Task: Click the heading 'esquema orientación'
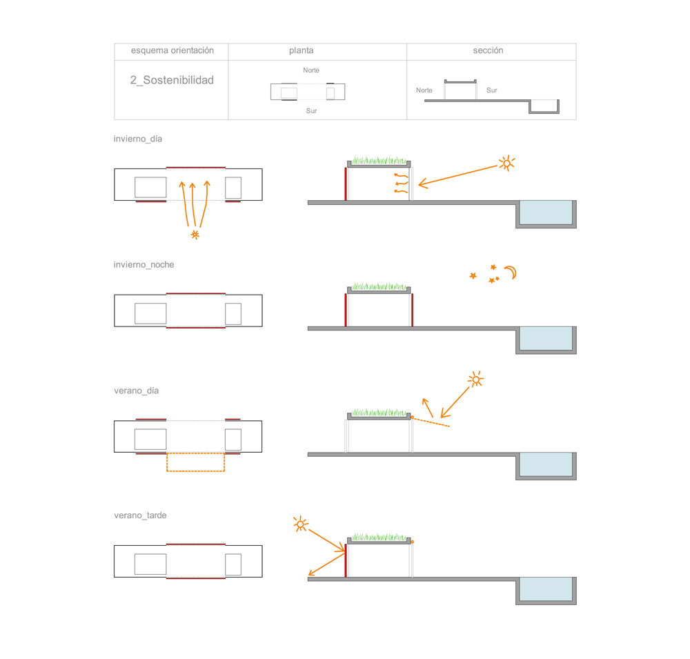click(x=172, y=50)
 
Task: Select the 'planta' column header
click(x=302, y=50)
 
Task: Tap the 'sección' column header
click(x=488, y=50)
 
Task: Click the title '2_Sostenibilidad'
click(x=172, y=80)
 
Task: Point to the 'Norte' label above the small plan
click(x=311, y=70)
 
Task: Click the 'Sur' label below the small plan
click(x=312, y=111)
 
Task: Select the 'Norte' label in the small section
click(x=424, y=90)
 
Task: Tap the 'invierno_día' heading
click(x=138, y=139)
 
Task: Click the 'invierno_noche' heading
click(x=144, y=265)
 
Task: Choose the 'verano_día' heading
click(x=137, y=391)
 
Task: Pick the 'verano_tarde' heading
click(x=140, y=515)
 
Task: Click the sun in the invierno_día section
click(x=507, y=164)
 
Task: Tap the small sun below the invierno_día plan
click(x=195, y=235)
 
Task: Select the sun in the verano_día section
click(x=475, y=379)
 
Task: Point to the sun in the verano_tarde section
click(x=301, y=524)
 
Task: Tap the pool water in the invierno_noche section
click(x=546, y=338)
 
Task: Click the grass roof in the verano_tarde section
click(x=379, y=537)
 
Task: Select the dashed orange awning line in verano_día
click(x=431, y=422)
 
